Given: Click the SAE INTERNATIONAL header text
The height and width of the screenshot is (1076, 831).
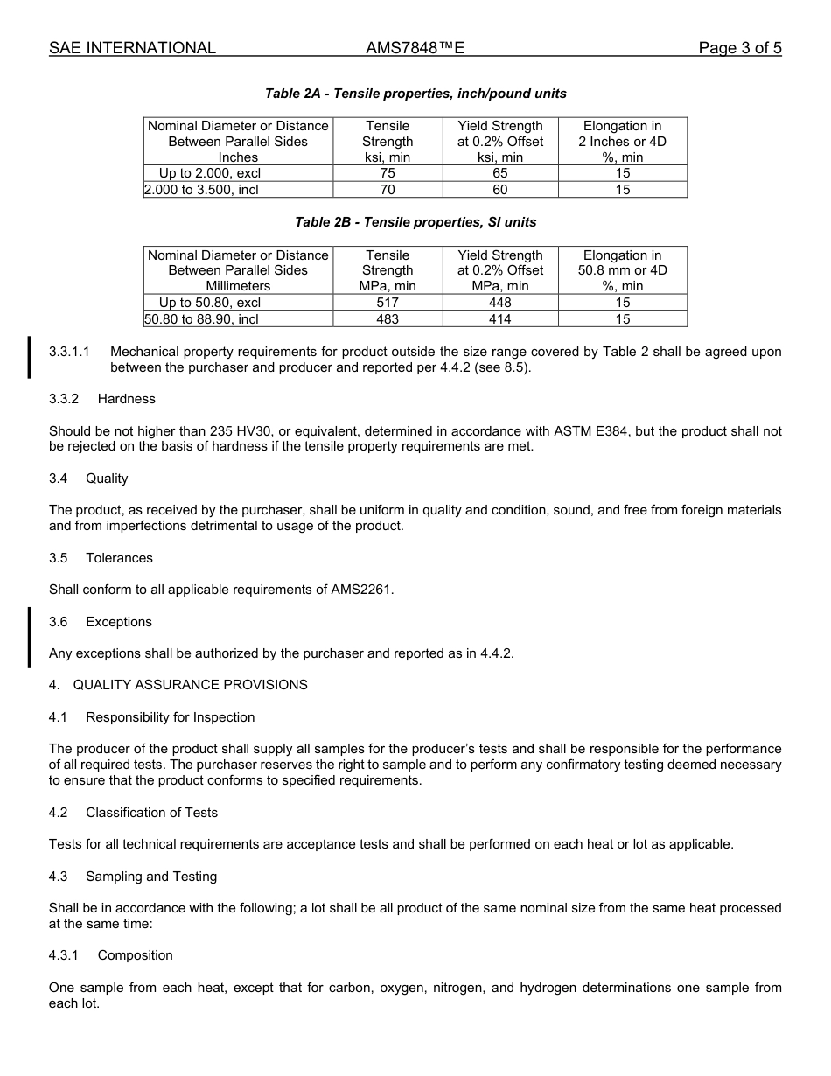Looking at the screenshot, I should (132, 48).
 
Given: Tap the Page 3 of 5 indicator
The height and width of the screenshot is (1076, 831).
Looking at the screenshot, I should (739, 48).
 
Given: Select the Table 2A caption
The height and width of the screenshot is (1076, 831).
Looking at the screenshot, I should (415, 94).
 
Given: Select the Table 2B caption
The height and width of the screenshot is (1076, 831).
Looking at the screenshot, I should (415, 222).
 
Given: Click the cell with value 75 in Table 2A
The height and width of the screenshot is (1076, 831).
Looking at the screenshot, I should (388, 173).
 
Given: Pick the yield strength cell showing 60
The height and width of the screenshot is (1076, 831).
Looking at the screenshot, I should (499, 189).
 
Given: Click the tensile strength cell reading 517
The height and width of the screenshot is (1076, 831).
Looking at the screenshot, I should (388, 303).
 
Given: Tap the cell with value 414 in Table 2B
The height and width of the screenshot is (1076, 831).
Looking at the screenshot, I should (499, 318).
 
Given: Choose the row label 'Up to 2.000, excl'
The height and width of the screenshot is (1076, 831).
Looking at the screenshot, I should (210, 173).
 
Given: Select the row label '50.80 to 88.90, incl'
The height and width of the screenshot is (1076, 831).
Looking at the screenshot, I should (202, 318).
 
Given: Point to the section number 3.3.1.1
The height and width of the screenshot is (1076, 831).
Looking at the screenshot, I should (70, 352).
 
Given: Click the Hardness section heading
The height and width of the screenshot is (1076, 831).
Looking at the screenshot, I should (126, 399).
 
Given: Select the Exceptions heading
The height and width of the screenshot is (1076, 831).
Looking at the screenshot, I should (118, 622).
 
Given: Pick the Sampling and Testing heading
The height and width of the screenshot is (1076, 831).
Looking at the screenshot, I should (150, 877).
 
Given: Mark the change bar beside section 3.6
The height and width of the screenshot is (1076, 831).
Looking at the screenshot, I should (30, 637).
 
